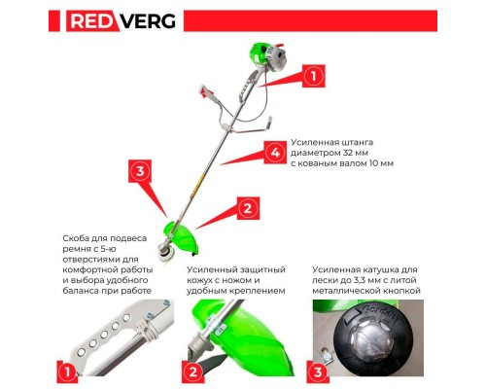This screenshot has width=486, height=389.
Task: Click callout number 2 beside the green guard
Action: [248, 208]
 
